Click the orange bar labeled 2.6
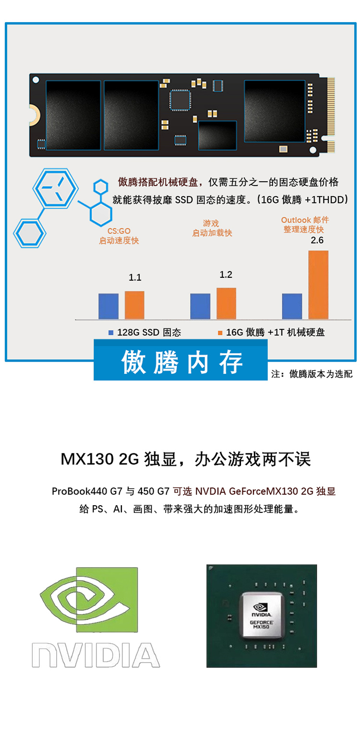click(x=318, y=284)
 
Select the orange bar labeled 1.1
click(x=134, y=305)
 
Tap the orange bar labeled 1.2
click(x=226, y=303)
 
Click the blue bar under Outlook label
click(x=292, y=306)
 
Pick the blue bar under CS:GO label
click(x=108, y=306)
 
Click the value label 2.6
click(x=317, y=240)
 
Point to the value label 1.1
click(x=135, y=278)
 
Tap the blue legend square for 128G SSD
click(x=111, y=332)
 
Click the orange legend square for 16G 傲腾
click(x=220, y=332)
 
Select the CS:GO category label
click(x=119, y=231)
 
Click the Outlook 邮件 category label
click(x=305, y=220)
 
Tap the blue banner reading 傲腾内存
click(x=180, y=362)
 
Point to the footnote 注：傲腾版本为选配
click(x=312, y=374)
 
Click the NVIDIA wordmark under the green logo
click(x=96, y=655)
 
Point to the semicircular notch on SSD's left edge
click(x=34, y=113)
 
